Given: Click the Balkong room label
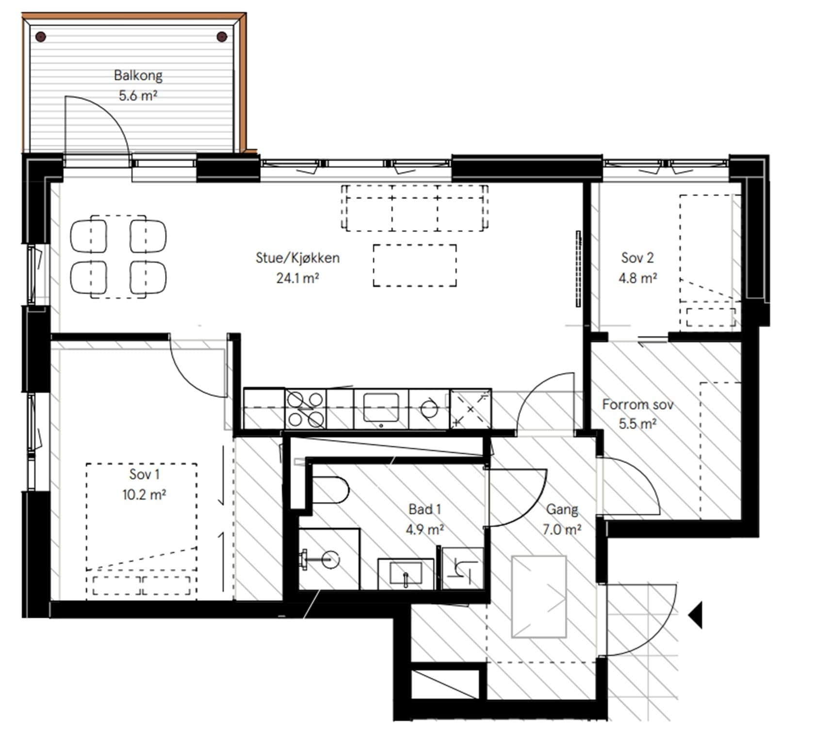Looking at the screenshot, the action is click(138, 75).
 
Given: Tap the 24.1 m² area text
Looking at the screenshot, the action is click(297, 278).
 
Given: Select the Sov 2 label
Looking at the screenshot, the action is click(637, 257).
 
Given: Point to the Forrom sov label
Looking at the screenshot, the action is click(637, 404).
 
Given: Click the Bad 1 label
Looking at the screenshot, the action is click(425, 509).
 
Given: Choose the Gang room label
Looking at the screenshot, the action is click(562, 509).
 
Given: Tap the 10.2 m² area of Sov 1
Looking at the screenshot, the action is click(144, 495).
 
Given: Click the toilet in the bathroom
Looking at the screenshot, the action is click(330, 490).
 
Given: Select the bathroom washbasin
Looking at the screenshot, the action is click(406, 573).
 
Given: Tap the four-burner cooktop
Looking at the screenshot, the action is click(305, 408).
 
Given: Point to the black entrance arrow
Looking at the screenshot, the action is click(695, 615).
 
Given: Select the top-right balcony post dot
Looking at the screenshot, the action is click(222, 36).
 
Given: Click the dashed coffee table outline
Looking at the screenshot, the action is click(415, 266).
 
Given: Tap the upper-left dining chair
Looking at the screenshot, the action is click(89, 236).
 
